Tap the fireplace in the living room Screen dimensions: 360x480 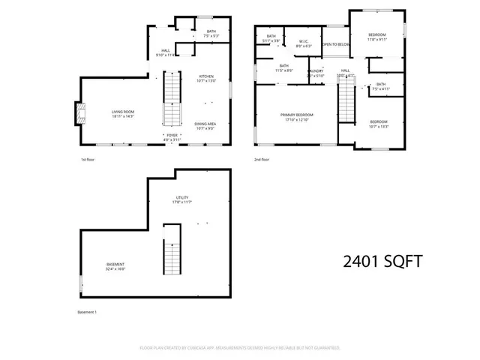[x=77, y=113]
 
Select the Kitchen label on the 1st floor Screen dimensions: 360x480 [x=206, y=77]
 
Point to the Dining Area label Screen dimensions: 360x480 [x=205, y=125]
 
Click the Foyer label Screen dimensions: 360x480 [x=172, y=136]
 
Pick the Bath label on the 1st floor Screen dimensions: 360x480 [x=211, y=33]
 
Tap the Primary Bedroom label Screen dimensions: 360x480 [x=297, y=116]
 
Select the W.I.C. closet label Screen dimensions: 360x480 [x=304, y=43]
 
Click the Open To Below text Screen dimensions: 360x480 [x=335, y=45]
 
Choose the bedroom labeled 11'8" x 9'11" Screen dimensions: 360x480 [x=376, y=37]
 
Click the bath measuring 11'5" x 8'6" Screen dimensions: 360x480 [x=285, y=67]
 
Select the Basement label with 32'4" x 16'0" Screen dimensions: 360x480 [x=115, y=266]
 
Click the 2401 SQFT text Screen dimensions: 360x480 [x=382, y=262]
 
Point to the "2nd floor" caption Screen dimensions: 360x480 [x=262, y=160]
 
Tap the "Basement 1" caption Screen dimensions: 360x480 [x=88, y=312]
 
